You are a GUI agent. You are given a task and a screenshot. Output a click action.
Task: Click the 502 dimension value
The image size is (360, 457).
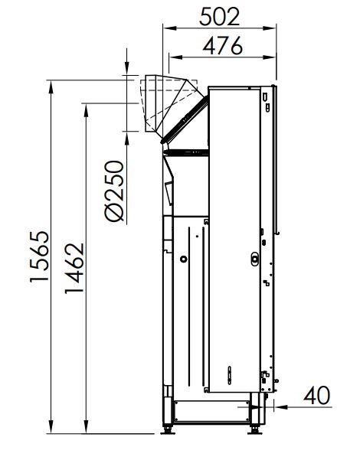click(x=219, y=17)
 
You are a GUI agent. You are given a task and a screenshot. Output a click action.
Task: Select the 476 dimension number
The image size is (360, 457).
click(x=223, y=45)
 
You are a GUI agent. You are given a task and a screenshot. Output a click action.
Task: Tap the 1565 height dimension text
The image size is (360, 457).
click(x=39, y=256)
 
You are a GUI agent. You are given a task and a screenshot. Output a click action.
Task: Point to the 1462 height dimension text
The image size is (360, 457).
click(x=74, y=268)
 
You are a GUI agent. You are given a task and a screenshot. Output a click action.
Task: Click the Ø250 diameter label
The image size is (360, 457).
click(x=114, y=191)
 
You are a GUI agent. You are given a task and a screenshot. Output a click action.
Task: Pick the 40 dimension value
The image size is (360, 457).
click(x=317, y=396)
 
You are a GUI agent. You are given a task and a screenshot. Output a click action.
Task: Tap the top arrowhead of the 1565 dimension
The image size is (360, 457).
click(x=51, y=87)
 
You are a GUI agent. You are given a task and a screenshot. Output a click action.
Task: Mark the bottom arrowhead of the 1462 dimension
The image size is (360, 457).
click(x=86, y=427)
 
